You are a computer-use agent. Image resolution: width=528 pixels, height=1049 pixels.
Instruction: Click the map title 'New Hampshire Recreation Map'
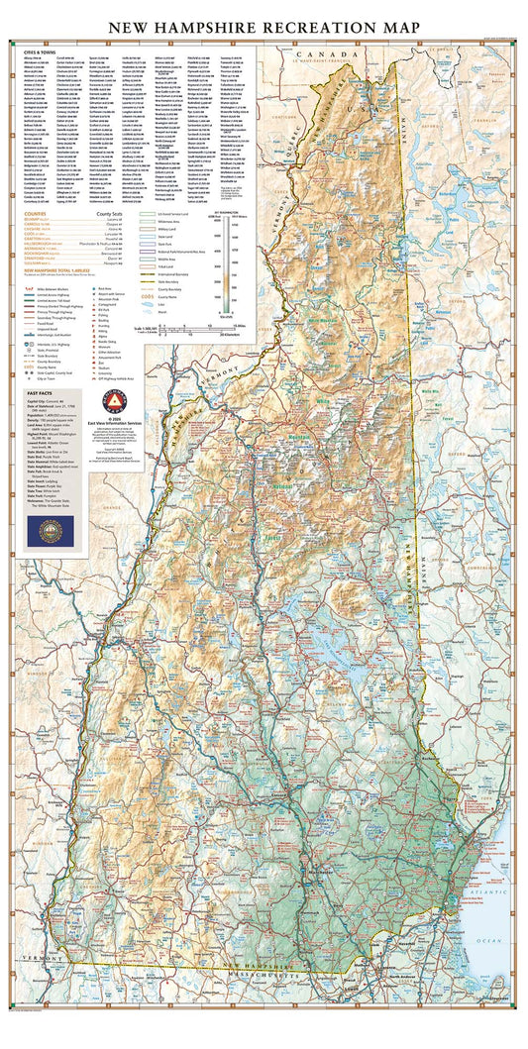point(264,28)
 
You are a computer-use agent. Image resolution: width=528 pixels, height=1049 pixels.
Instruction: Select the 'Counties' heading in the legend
point(37,214)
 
